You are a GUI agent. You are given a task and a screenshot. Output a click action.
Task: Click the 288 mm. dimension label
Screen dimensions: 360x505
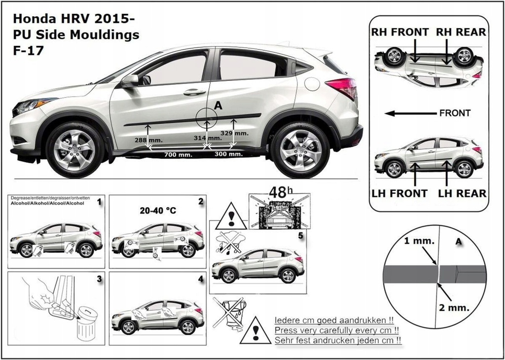click(147, 141)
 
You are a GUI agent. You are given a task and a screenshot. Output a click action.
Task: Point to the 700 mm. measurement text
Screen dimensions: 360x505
click(177, 154)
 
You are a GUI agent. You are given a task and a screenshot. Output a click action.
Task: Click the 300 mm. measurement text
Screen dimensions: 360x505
click(228, 154)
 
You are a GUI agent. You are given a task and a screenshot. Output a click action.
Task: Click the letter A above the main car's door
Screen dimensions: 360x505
click(218, 105)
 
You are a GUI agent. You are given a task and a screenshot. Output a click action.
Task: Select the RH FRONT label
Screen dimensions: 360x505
click(399, 32)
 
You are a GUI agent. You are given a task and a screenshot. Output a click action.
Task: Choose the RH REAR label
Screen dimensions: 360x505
click(461, 32)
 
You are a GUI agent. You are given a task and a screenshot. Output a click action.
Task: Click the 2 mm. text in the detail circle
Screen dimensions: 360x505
click(454, 308)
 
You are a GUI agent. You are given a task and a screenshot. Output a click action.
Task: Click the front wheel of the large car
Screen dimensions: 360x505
click(74, 150)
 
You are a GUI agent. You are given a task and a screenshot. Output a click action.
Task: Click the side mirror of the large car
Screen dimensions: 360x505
click(130, 80)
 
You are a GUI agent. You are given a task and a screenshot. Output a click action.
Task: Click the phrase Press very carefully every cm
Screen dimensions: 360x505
click(337, 330)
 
